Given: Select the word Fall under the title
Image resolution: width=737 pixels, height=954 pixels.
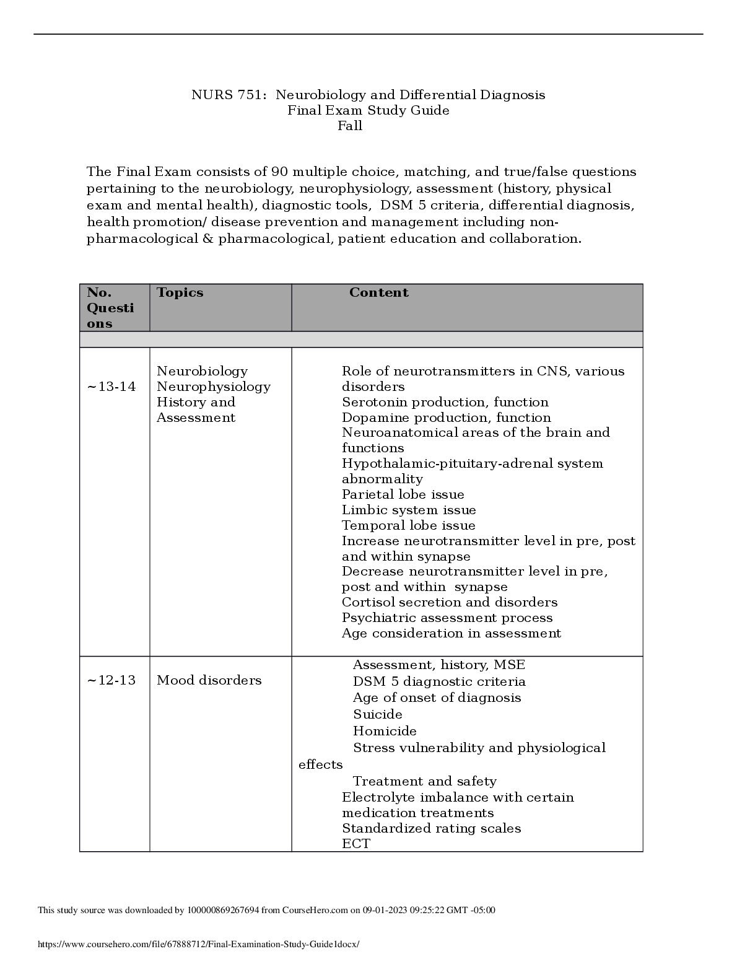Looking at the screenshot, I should click(350, 126).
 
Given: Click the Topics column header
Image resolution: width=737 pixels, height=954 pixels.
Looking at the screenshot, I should click(180, 292).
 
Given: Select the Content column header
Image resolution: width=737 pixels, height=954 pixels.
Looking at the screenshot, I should click(378, 292).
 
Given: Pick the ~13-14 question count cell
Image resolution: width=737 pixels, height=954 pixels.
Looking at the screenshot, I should click(111, 387).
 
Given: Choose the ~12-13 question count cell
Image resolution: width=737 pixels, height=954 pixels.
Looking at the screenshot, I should click(111, 680).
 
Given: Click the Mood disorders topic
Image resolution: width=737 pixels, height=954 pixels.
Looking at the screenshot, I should click(209, 680).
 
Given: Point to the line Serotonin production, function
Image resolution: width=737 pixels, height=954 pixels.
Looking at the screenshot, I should click(445, 402).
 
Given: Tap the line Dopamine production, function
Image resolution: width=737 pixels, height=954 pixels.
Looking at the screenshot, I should click(446, 418).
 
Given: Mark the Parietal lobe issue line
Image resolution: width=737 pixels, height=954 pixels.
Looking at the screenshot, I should click(403, 494).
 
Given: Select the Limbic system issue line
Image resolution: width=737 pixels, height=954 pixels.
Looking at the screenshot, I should click(409, 510).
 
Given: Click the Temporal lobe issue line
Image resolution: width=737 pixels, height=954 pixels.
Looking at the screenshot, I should click(408, 525).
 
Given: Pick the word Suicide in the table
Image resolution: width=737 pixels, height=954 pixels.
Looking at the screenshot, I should click(377, 714).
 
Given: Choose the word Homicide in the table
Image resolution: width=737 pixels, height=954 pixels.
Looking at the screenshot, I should click(385, 731).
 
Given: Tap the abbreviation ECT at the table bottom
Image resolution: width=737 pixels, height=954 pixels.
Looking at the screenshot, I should click(355, 844).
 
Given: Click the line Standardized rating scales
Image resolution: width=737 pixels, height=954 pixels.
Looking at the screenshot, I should click(431, 828).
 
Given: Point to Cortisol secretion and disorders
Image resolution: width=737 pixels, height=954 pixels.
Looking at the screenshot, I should click(449, 602).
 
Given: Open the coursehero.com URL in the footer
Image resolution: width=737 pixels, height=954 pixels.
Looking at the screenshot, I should click(198, 944).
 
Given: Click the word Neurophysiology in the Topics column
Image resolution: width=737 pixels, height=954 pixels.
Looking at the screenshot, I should click(213, 387).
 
